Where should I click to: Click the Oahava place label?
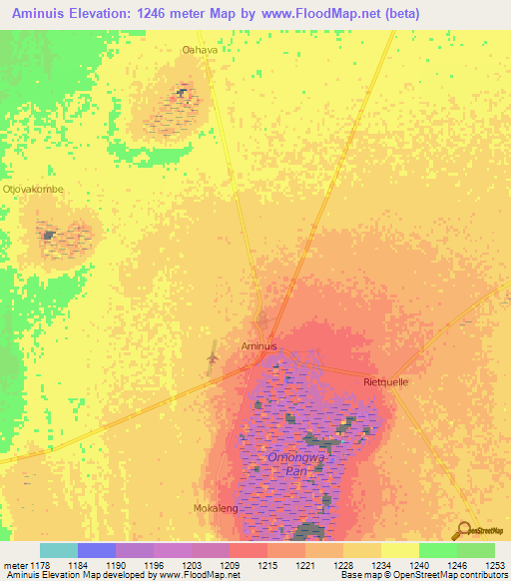tap(199, 48)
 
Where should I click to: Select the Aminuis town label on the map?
tap(258, 346)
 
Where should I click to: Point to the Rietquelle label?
tap(386, 381)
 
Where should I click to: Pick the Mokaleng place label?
tap(213, 508)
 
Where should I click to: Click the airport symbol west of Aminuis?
tap(211, 356)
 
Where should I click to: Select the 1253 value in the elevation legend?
tap(496, 564)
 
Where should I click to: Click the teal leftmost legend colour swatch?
tap(59, 550)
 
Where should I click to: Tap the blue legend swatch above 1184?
tap(97, 550)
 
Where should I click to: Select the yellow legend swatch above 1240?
tap(400, 550)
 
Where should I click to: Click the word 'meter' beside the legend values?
tap(15, 564)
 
